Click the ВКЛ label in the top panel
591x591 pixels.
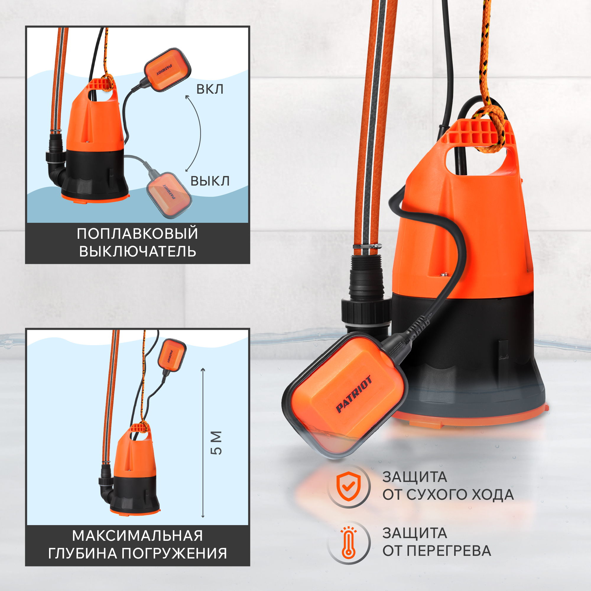210,89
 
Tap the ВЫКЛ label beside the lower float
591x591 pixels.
210,181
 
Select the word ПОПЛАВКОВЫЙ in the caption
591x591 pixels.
137,234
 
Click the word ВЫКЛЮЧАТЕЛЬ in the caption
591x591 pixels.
138,251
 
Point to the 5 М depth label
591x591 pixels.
216,443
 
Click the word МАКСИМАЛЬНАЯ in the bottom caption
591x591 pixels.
137,536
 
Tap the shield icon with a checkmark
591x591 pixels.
348,486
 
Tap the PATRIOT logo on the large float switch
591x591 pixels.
354,394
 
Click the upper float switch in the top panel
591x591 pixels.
168,70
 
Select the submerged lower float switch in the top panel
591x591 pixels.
169,195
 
